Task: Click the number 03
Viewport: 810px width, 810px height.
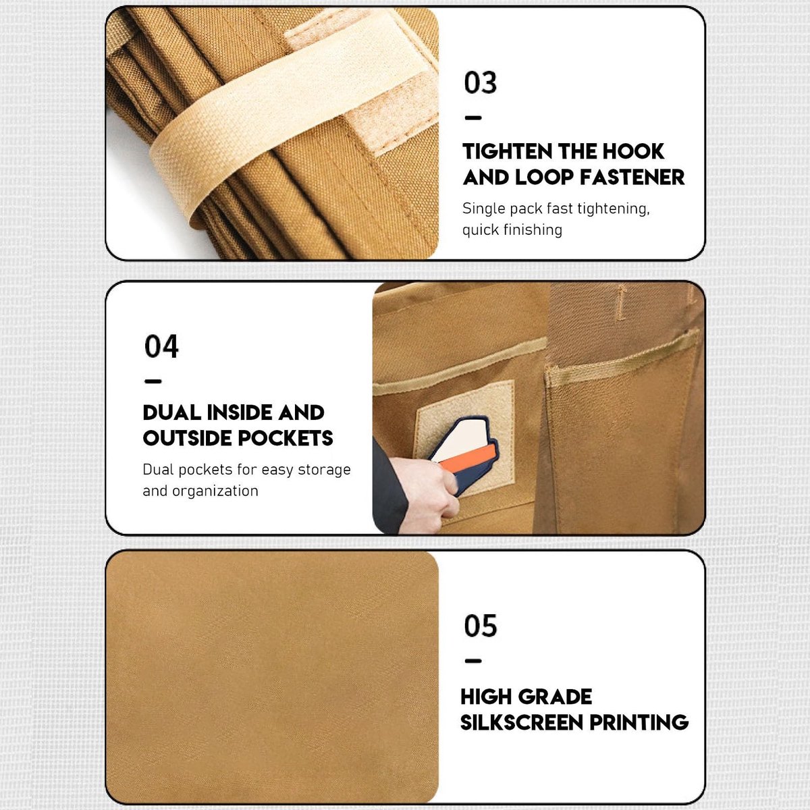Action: click(x=480, y=82)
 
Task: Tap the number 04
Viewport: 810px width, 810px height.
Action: click(x=161, y=346)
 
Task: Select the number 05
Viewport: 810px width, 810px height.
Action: click(x=481, y=626)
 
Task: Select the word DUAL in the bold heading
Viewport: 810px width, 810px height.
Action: click(x=172, y=413)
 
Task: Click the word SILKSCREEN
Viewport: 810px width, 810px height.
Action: click(x=522, y=722)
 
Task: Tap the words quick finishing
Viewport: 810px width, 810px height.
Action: click(x=512, y=230)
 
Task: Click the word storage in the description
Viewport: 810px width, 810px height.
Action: click(x=324, y=470)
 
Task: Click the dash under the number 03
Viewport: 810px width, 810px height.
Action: click(x=473, y=118)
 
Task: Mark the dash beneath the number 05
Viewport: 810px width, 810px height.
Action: click(x=473, y=661)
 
